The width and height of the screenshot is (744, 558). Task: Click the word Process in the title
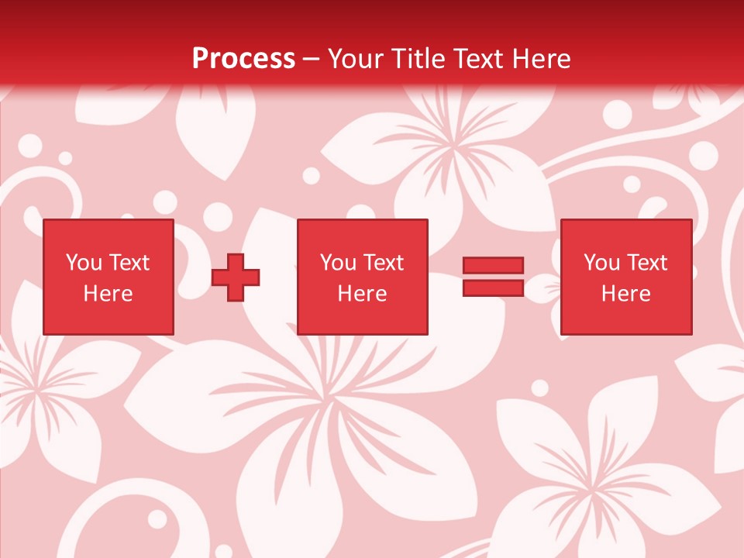click(243, 59)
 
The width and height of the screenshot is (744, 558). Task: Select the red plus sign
click(236, 277)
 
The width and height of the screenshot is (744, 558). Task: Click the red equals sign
click(494, 277)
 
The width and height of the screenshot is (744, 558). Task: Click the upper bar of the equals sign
click(494, 266)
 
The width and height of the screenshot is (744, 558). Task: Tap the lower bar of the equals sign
click(494, 288)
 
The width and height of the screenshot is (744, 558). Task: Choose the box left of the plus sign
click(108, 277)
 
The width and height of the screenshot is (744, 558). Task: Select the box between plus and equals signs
click(363, 277)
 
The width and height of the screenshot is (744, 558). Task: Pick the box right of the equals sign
click(626, 277)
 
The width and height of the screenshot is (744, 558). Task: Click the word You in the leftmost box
click(84, 263)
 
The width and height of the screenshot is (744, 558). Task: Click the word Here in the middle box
click(363, 294)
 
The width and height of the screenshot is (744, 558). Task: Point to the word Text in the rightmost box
click(646, 263)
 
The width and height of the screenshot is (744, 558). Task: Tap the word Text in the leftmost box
click(129, 263)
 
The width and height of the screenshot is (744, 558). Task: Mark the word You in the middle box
click(338, 263)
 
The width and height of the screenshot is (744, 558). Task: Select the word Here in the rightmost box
click(626, 294)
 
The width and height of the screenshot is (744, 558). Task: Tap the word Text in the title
click(476, 59)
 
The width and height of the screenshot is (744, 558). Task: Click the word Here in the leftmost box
click(108, 294)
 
